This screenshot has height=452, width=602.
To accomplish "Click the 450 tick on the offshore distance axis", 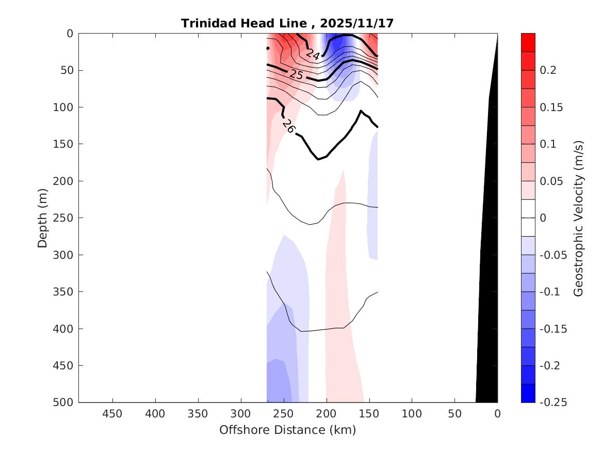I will pyautogui.click(x=112, y=414).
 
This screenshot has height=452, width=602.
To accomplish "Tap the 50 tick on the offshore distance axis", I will pyautogui.click(x=454, y=414).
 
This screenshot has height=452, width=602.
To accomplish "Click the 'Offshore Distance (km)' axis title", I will pyautogui.click(x=287, y=430).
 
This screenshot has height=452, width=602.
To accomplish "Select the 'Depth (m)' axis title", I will pyautogui.click(x=43, y=217).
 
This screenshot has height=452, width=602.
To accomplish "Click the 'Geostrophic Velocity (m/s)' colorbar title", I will pyautogui.click(x=578, y=217).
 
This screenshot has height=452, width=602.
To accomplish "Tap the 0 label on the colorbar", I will pyautogui.click(x=543, y=218).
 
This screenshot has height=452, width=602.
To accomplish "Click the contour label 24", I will pyautogui.click(x=313, y=54).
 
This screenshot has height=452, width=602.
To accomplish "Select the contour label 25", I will pyautogui.click(x=296, y=74).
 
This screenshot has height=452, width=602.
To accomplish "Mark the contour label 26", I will pyautogui.click(x=288, y=127).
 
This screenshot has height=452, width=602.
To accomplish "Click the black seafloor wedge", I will pyautogui.click(x=488, y=310).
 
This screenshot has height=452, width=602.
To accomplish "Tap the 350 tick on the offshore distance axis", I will pyautogui.click(x=198, y=414).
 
